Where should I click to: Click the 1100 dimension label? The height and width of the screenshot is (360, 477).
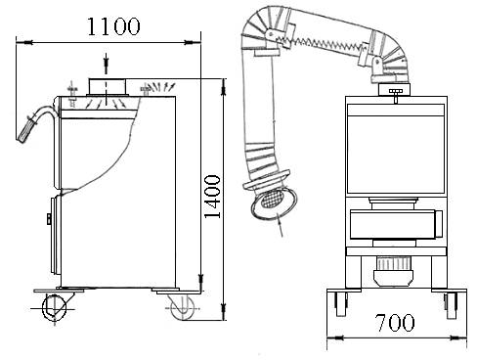coord(113,26)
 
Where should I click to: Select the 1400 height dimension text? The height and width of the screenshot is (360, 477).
coord(212,197)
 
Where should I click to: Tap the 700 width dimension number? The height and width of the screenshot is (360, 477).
coord(395,323)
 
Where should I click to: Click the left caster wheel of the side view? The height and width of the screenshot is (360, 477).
coord(54,307)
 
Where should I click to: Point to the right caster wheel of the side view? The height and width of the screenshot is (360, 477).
coord(183,307)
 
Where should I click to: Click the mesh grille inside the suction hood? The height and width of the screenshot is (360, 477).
coord(272,199)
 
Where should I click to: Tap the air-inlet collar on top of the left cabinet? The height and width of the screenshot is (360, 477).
coord(107,86)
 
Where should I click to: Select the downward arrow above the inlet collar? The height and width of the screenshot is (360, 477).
coord(106,62)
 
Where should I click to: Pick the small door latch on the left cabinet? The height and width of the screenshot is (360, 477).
coord(49,219)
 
